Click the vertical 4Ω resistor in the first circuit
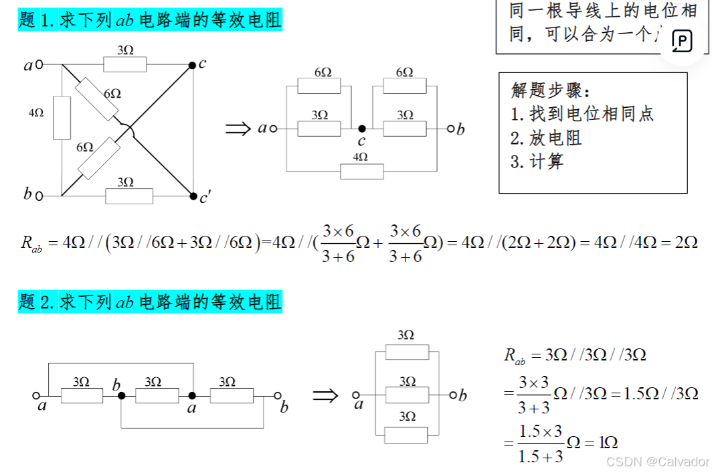(x=62, y=118)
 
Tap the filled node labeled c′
(x=192, y=196)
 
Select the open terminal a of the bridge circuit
(x=39, y=65)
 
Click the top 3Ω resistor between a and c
(x=124, y=64)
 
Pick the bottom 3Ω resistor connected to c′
(x=128, y=196)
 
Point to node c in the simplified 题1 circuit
(x=361, y=128)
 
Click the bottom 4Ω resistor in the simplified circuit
(x=361, y=171)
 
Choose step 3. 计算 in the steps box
(x=537, y=161)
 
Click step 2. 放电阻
(x=546, y=138)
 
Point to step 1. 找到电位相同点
(x=582, y=114)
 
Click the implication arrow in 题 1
(x=238, y=129)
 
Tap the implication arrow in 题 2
(x=326, y=395)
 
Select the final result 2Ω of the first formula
(x=685, y=242)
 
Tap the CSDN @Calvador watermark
(x=656, y=462)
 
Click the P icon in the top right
(x=682, y=42)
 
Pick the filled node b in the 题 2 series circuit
(x=122, y=396)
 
